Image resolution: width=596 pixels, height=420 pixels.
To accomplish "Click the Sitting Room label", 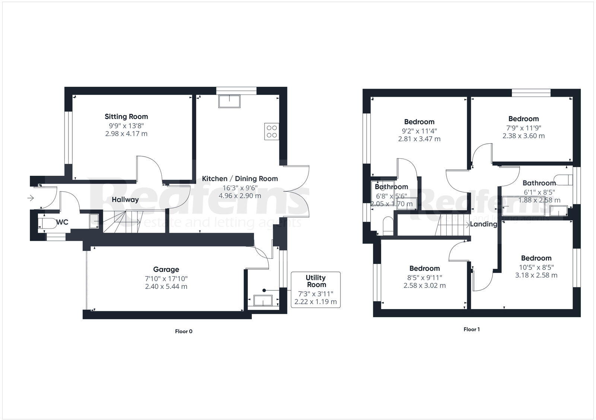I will coord(126,117).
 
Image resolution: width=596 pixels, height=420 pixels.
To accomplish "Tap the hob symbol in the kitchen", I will coord(272,131).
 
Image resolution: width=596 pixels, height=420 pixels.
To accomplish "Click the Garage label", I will coord(166,269).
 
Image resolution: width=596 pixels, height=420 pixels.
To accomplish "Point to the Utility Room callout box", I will coord(316,289).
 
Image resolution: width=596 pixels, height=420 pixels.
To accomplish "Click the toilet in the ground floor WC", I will coord(47,223).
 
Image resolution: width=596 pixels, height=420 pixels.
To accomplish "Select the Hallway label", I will coord(125,200).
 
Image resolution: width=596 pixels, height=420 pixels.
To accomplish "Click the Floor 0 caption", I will coord(184,331).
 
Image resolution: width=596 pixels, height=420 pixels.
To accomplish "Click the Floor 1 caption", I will coord(472,329).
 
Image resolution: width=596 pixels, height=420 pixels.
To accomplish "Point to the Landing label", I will coord(484,224).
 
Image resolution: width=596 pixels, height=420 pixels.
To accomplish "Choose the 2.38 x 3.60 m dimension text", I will coord(523,136).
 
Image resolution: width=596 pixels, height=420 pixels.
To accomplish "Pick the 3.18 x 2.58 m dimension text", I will coord(536,275).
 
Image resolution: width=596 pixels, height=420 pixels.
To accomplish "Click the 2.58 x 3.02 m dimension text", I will coord(424,286).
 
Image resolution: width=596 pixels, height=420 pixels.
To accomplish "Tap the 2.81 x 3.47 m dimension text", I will coord(419,139).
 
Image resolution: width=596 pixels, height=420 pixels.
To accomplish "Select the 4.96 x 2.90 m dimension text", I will coord(240,195).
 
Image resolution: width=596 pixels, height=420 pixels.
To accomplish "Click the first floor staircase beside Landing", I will coord(452,225).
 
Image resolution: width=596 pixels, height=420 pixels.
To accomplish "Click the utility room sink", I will coord(263,300).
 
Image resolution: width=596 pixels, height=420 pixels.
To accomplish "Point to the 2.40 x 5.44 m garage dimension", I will coord(166,287).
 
